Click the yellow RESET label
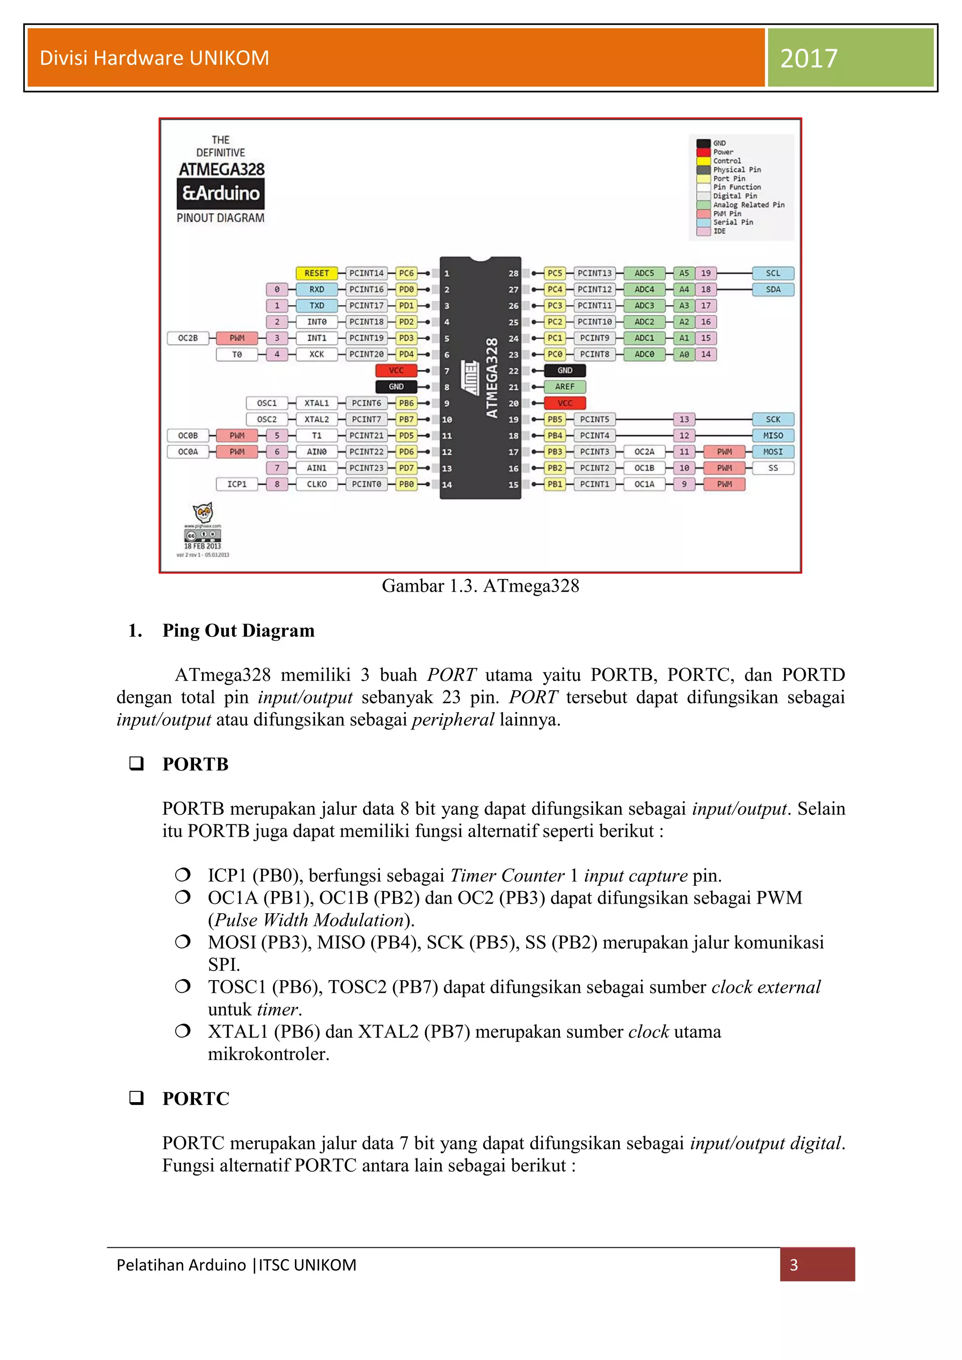point(316,273)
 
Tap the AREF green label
point(565,387)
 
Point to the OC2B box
point(188,338)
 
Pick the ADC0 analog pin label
point(644,354)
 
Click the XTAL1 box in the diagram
point(316,403)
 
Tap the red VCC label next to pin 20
point(565,403)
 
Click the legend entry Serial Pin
point(733,222)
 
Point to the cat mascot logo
point(202,512)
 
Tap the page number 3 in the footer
point(794,1265)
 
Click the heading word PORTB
point(195,764)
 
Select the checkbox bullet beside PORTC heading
point(137,1097)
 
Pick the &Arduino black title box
point(221,193)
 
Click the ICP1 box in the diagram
point(237,484)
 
